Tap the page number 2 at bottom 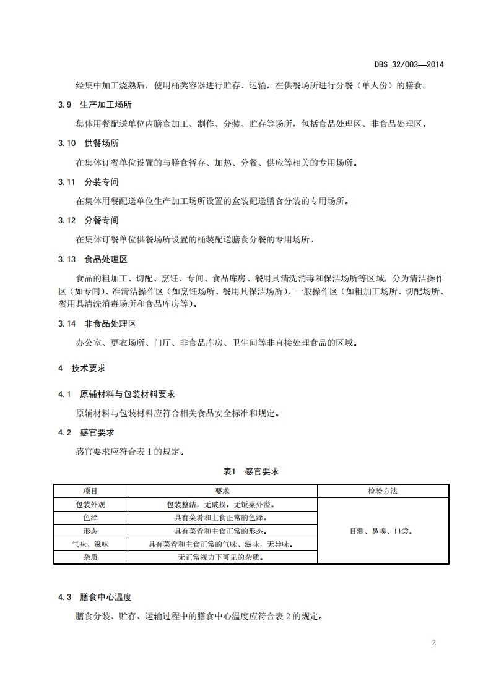tap(433, 642)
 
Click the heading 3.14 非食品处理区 tap(97, 323)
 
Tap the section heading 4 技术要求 tap(82, 367)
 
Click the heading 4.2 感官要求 tap(86, 432)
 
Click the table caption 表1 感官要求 tap(251, 471)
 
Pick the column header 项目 tap(90, 491)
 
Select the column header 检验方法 tap(382, 491)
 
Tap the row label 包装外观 tap(90, 504)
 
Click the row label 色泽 tap(90, 518)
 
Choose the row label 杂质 tap(90, 557)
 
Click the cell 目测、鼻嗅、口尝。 tap(382, 531)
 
